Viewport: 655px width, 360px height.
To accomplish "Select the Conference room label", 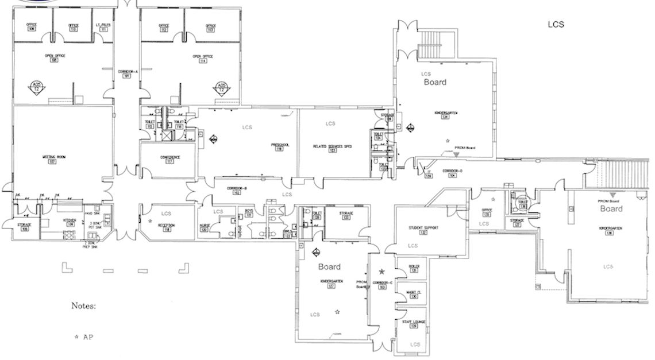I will pyautogui.click(x=169, y=157).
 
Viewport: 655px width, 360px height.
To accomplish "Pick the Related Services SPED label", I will pyautogui.click(x=332, y=147).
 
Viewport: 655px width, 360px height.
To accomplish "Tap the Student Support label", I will pyautogui.click(x=423, y=228).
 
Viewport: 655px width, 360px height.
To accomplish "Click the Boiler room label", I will pyautogui.click(x=414, y=267).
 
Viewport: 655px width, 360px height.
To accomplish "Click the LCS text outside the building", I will pyautogui.click(x=556, y=24).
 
